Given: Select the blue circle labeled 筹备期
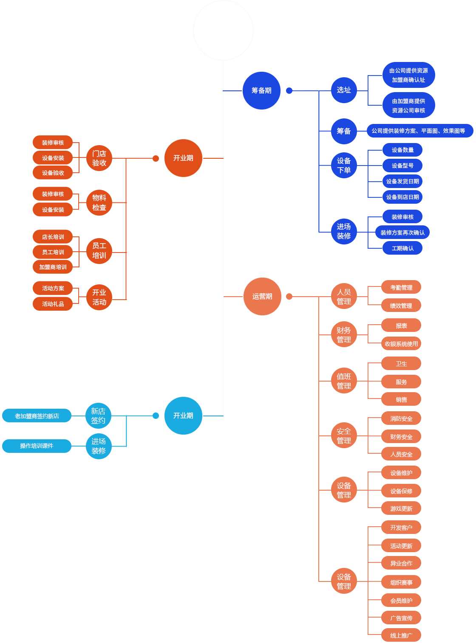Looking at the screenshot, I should click(x=261, y=90).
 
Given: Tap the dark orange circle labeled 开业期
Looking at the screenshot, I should click(x=183, y=158).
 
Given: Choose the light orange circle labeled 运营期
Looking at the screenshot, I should click(x=262, y=296).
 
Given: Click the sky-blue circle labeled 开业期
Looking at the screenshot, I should click(x=183, y=416).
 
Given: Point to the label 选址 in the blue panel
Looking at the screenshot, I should click(x=344, y=90).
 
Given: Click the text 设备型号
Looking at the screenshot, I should click(x=402, y=166).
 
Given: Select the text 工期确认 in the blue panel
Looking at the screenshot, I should click(x=402, y=248).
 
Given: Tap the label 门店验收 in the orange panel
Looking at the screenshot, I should click(x=99, y=158).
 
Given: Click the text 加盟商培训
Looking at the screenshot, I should click(x=53, y=267).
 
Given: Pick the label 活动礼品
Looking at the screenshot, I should click(x=53, y=304).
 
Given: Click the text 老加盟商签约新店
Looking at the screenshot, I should click(x=37, y=416).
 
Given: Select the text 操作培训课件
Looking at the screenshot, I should click(x=37, y=446).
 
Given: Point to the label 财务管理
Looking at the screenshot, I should click(x=344, y=335).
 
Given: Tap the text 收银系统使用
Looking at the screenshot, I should click(x=401, y=344).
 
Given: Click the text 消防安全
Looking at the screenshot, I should click(x=401, y=418).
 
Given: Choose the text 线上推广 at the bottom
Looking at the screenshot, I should click(x=401, y=635).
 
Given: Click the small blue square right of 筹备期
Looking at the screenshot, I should click(x=289, y=90).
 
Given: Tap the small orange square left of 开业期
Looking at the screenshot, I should click(x=156, y=158).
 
